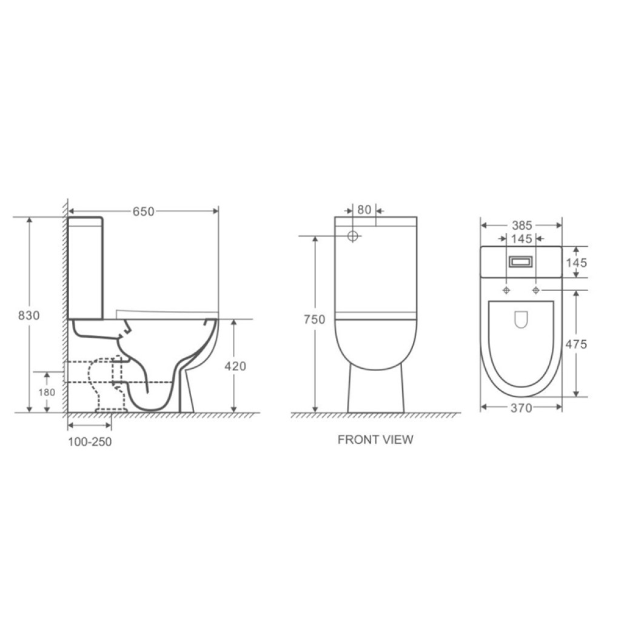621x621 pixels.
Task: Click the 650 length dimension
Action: point(143,212)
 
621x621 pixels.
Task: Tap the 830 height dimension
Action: point(29,315)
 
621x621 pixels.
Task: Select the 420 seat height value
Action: point(235,366)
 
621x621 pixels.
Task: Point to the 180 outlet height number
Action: point(47,392)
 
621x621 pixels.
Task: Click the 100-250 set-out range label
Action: point(90,441)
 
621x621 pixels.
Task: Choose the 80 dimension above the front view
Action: point(364,209)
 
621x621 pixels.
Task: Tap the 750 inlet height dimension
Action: point(315,319)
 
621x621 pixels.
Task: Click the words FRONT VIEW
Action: point(375,440)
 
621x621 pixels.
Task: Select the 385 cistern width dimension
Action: point(522,226)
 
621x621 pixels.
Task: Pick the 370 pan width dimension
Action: point(521,408)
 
